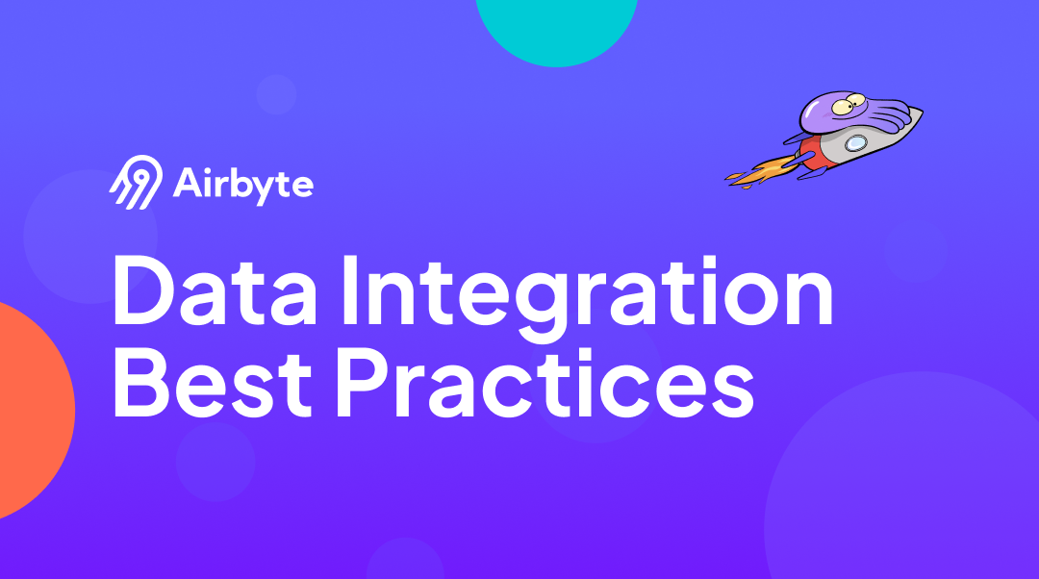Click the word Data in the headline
pos(215,290)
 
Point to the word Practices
pos(545,384)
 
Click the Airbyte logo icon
pos(136,182)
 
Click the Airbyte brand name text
pos(242,185)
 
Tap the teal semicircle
pos(557,30)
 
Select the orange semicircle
pos(33,411)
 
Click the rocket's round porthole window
pos(855,141)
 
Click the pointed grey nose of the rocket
pos(909,119)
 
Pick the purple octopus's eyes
pos(849,104)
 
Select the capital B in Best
pos(140,384)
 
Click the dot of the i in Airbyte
pos(210,170)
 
